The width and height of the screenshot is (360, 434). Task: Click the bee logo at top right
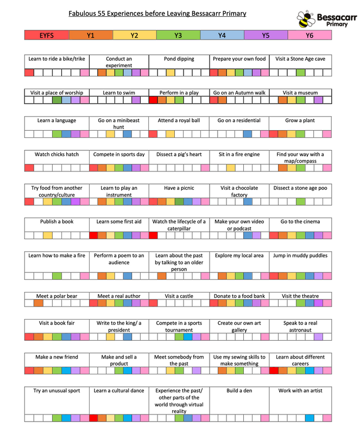(306, 20)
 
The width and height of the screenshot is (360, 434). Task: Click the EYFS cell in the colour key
(47, 35)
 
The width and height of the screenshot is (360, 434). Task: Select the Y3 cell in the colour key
(178, 35)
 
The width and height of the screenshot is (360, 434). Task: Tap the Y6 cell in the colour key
(309, 35)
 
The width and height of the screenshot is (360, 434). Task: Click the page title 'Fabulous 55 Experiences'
(157, 13)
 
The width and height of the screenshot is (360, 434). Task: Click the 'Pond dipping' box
(179, 59)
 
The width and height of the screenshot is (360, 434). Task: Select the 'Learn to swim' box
(119, 93)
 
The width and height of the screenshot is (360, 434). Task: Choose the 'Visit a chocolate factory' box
(239, 191)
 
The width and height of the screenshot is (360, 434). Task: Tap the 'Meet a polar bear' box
(56, 296)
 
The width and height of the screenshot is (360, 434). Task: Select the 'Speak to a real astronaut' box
(300, 326)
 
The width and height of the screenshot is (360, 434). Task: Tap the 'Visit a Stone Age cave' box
(300, 59)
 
